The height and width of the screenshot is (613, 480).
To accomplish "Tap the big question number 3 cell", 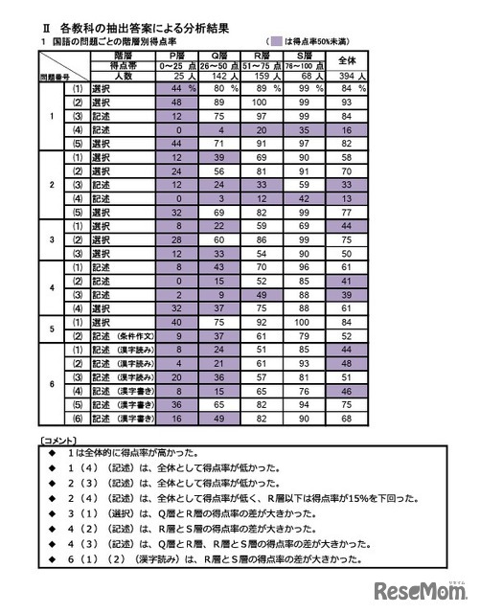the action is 54,241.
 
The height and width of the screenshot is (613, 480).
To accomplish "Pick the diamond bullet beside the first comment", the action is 56,451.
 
